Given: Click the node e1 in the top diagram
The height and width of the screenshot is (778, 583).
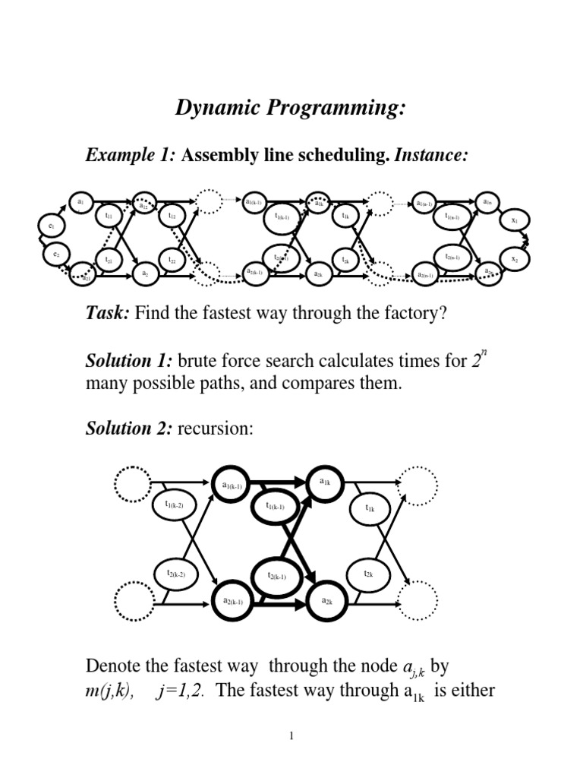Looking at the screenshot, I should coord(51,226).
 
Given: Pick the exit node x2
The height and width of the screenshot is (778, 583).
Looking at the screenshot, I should coord(514,259).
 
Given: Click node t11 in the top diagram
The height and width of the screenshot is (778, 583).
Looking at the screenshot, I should coord(108,217).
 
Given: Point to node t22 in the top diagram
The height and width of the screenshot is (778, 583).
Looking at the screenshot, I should coord(172,261).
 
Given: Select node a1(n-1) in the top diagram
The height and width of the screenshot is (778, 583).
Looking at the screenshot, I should coord(424,203).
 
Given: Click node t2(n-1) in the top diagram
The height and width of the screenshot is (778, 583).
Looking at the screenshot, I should coord(452,258).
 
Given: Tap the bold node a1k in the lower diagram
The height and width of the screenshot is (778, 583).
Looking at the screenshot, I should coord(325,482).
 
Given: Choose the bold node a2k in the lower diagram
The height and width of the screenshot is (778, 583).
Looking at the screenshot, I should coord(326,601).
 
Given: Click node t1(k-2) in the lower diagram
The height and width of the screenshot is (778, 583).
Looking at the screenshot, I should coord(175,504).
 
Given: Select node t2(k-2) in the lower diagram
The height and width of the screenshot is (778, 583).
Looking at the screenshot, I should coord(175,575).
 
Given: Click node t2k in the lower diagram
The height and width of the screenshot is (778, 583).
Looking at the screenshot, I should coord(368,574).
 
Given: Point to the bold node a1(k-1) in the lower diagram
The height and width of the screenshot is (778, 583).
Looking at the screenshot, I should coord(232,485).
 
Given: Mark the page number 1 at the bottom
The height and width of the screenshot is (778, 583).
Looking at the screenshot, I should coord(291,736).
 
